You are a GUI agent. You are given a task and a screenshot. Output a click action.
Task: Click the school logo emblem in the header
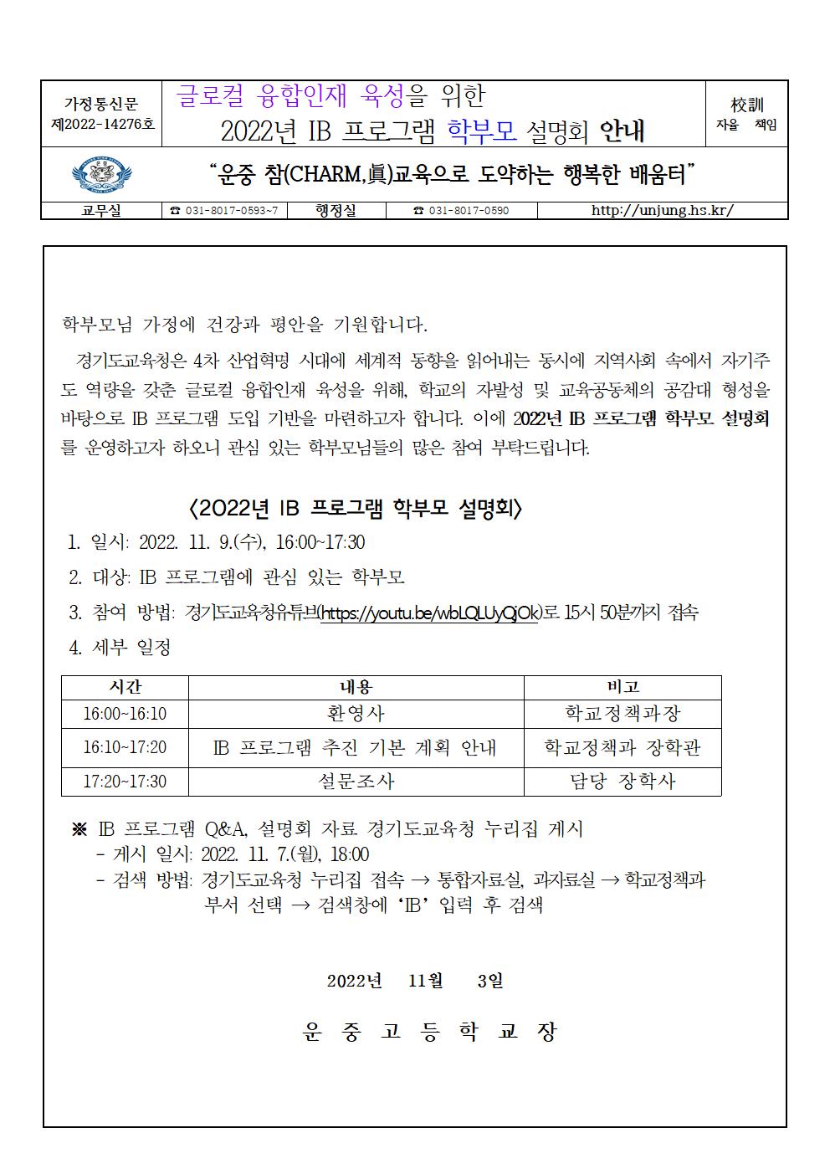pos(101,175)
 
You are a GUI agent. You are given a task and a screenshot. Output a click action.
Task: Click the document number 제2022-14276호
pos(102,124)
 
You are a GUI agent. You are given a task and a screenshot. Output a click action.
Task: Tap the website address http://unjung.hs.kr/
pos(662,210)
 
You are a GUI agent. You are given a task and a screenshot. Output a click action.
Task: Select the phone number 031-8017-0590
pos(461,211)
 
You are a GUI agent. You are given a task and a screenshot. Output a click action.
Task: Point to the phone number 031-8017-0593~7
pos(224,211)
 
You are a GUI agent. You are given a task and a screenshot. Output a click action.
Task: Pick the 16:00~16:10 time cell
pos(125,714)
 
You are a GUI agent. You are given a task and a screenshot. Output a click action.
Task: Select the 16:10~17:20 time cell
pos(125,747)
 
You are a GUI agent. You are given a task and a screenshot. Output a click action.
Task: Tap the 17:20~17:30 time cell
pos(125,782)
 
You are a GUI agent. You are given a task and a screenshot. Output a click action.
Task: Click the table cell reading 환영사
pos(356,714)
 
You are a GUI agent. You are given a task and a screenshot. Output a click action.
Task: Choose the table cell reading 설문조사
pos(356,782)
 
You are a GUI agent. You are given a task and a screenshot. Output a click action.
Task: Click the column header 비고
pos(622,687)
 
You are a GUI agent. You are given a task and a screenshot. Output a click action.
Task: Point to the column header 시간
pos(125,687)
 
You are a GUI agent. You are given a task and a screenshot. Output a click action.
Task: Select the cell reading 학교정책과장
pos(622,714)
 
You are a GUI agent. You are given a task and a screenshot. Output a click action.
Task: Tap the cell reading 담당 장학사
pos(622,782)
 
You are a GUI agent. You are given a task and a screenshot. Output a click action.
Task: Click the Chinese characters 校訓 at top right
pos(746,105)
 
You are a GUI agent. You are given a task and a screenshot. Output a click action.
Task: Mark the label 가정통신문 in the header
pos(101,104)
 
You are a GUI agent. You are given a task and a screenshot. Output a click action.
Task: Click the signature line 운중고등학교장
pos(429,1032)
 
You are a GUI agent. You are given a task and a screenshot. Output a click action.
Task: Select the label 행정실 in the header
pos(336,210)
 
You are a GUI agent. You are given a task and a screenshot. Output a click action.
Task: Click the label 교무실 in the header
pos(101,210)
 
